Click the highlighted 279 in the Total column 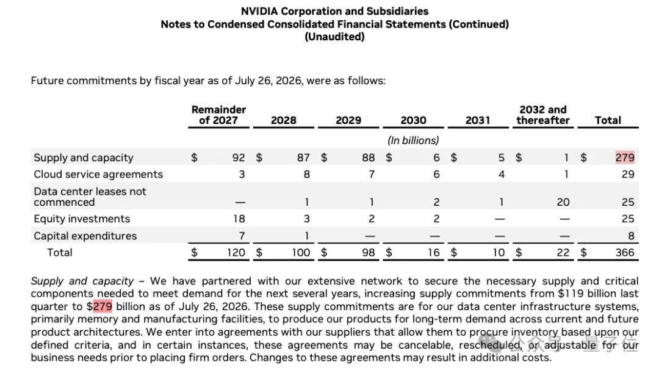coord(625,158)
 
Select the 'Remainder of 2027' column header coord(218,115)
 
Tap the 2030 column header coord(413,120)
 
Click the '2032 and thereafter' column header coord(543,115)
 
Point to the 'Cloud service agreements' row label coord(98,175)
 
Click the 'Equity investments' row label coord(82,219)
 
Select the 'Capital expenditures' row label coord(85,236)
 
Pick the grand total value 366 coord(625,252)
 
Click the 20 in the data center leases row coord(563,202)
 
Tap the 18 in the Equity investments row coord(239,219)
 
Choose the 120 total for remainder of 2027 coord(236,252)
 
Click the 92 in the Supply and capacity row coord(239,158)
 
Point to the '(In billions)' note coord(413,140)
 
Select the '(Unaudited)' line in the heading coord(334,37)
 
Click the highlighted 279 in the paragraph coord(103,306)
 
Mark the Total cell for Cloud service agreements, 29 coord(628,175)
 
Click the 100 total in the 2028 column coord(301,252)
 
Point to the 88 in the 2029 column coord(368,158)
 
